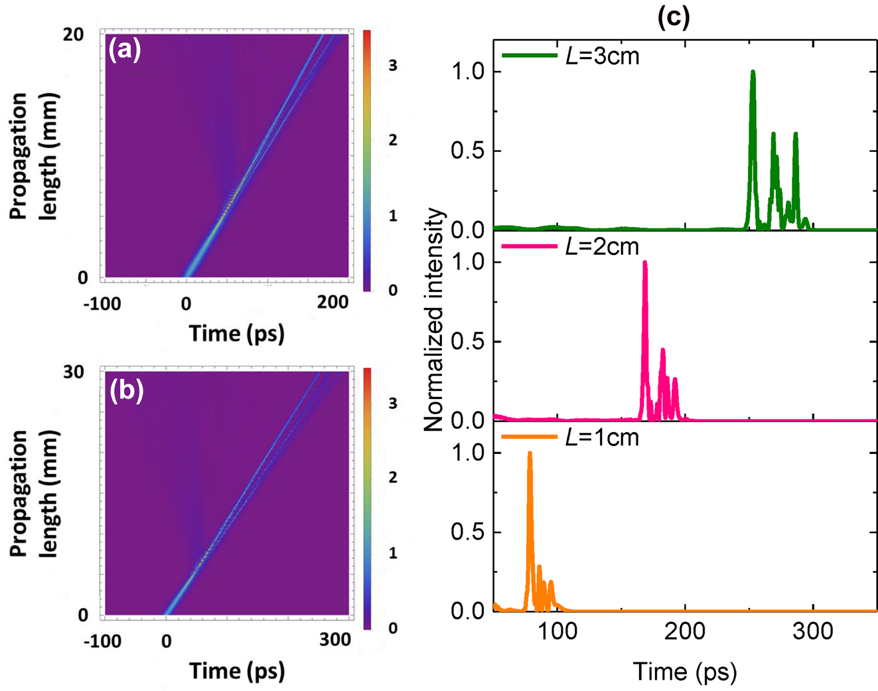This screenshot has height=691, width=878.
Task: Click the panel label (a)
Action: pyautogui.click(x=124, y=50)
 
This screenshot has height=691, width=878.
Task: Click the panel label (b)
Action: pyautogui.click(x=125, y=390)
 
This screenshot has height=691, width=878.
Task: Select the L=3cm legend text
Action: pyautogui.click(x=603, y=56)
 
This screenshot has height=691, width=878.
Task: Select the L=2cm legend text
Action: pyautogui.click(x=603, y=247)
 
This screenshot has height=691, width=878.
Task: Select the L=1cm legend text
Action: pyautogui.click(x=603, y=437)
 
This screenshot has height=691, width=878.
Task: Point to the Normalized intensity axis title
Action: pyautogui.click(x=434, y=320)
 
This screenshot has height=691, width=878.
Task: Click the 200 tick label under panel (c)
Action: pyautogui.click(x=685, y=631)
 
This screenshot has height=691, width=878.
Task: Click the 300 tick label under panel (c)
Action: pyautogui.click(x=813, y=631)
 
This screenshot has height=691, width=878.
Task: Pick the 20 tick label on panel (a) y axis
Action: pyautogui.click(x=74, y=35)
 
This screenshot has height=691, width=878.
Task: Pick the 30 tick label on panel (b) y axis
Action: pyautogui.click(x=74, y=372)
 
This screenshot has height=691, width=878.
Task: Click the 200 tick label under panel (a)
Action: pyautogui.click(x=332, y=303)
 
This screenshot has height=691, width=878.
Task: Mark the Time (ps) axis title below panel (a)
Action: pyautogui.click(x=237, y=333)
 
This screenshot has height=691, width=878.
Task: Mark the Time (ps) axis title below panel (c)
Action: pyautogui.click(x=685, y=671)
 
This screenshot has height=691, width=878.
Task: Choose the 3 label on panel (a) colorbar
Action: pyautogui.click(x=393, y=65)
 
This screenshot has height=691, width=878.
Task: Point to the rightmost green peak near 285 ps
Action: pyautogui.click(x=795, y=135)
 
